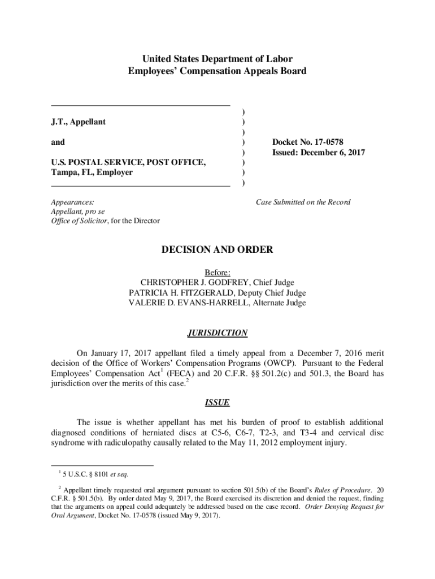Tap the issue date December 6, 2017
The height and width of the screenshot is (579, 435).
click(x=337, y=153)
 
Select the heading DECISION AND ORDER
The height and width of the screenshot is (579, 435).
click(x=217, y=249)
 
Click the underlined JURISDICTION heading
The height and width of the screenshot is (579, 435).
click(x=217, y=333)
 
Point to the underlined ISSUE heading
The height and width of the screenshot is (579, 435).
click(x=217, y=403)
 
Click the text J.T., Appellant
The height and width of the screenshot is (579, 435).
click(x=78, y=122)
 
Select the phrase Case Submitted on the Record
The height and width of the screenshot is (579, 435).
click(x=303, y=202)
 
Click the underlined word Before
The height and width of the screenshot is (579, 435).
click(x=217, y=272)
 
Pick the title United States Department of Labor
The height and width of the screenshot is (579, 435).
click(x=217, y=59)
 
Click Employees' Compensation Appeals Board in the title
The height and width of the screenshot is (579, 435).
click(x=217, y=71)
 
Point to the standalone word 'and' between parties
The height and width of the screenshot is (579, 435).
click(x=58, y=142)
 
